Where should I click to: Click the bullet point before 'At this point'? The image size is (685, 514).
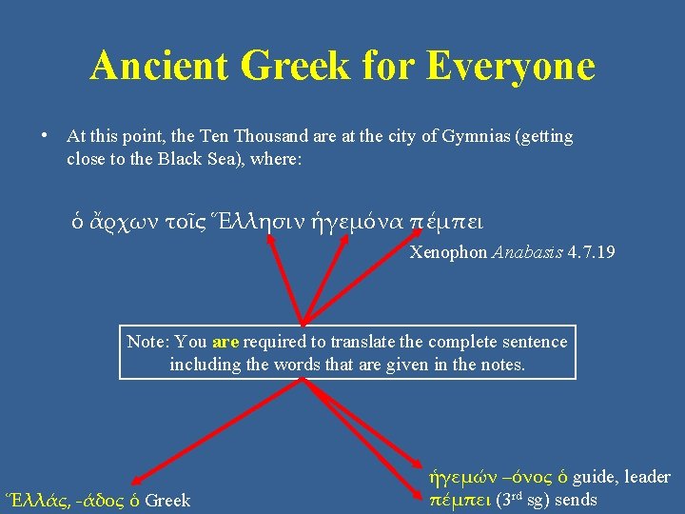[45, 135]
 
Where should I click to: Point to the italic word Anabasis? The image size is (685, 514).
[526, 252]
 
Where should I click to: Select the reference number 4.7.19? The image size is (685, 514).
[590, 252]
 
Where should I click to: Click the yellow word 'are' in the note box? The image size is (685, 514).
[225, 342]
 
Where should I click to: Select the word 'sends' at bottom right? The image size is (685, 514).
[574, 500]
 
